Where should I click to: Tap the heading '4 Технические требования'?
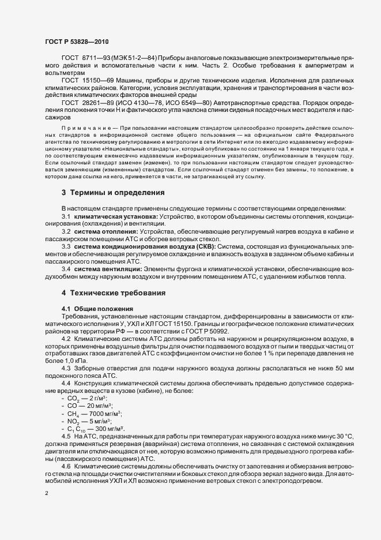point(114,293)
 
